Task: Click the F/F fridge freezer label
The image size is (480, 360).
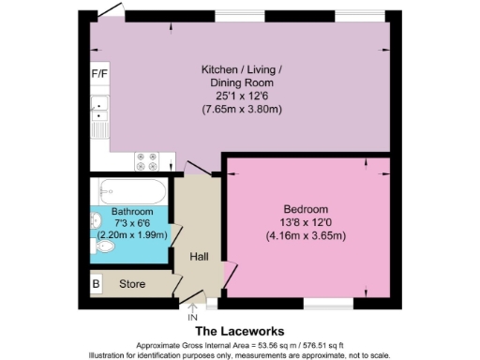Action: point(98,73)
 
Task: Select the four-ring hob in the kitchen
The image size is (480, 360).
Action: point(146,161)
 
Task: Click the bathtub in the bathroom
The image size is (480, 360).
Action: point(130,192)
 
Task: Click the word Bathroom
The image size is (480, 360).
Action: point(131,211)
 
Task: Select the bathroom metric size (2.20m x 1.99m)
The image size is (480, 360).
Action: point(131,234)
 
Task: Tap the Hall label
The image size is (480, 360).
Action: point(199,256)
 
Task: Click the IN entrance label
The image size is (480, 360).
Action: point(194,316)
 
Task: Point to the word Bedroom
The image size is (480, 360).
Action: point(306,208)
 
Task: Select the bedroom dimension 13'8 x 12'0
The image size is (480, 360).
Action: point(306,221)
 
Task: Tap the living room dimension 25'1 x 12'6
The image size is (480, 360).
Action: point(241,96)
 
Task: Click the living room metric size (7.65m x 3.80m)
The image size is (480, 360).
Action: point(241,110)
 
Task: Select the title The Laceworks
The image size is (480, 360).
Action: point(239,331)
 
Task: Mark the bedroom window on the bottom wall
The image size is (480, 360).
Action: point(327,306)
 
